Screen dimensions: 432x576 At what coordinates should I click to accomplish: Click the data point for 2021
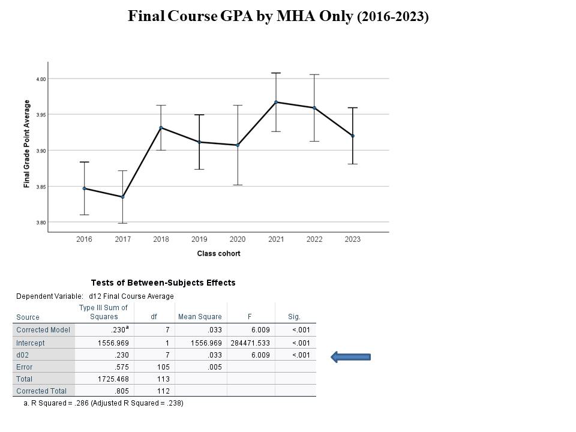[x=276, y=102]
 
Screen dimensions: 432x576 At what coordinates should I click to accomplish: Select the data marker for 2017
[x=122, y=197]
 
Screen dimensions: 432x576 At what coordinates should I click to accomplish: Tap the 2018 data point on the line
[x=161, y=127]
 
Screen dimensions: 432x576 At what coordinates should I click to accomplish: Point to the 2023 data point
[x=353, y=136]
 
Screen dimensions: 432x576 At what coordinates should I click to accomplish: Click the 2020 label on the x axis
[x=238, y=239]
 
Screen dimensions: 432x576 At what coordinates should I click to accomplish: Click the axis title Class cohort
[x=218, y=254]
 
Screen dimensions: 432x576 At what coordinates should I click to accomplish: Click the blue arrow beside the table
[x=351, y=357]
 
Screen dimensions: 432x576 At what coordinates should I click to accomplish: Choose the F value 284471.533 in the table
[x=250, y=343]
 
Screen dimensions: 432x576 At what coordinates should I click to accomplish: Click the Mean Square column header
[x=200, y=317]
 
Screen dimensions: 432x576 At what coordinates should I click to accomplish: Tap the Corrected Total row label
[x=41, y=391]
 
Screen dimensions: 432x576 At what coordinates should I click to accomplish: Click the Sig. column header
[x=294, y=317]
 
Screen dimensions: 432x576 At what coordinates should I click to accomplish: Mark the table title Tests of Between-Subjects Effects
[x=163, y=283]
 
